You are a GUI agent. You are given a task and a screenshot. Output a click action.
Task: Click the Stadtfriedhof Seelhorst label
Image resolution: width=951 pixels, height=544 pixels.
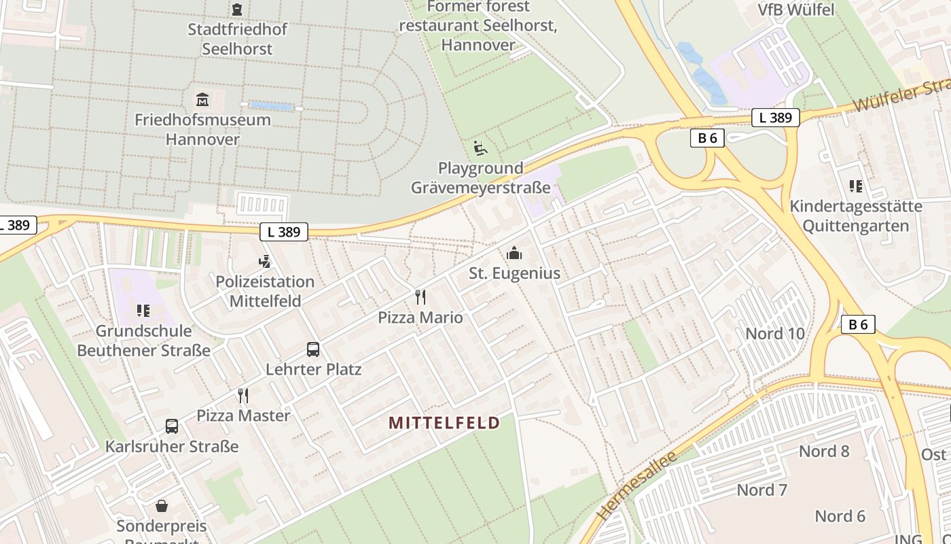pyautogui.click(x=237, y=39)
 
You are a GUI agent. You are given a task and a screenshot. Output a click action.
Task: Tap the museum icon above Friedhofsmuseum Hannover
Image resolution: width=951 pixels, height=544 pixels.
pyautogui.click(x=202, y=100)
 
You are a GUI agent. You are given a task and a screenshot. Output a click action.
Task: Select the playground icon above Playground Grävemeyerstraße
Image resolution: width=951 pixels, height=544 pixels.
pyautogui.click(x=480, y=148)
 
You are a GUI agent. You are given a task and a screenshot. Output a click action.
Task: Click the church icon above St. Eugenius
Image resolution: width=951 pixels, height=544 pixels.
pyautogui.click(x=514, y=254)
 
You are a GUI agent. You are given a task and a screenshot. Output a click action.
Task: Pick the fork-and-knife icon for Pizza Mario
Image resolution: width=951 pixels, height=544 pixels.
pyautogui.click(x=420, y=297)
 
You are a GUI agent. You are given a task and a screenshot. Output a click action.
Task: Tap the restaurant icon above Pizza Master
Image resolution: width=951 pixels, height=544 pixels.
pyautogui.click(x=243, y=395)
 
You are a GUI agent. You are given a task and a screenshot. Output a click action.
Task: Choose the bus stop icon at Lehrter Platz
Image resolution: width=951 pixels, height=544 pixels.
pyautogui.click(x=313, y=350)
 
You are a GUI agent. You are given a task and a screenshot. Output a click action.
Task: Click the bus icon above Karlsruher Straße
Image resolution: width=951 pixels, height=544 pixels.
pyautogui.click(x=172, y=426)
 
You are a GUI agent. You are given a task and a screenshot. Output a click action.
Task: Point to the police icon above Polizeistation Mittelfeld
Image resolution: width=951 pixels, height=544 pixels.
pyautogui.click(x=265, y=261)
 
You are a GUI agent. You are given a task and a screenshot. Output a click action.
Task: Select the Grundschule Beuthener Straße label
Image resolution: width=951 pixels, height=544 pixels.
pyautogui.click(x=143, y=341)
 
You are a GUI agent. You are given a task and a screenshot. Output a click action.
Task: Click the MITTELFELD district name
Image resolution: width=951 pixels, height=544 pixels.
pyautogui.click(x=444, y=423)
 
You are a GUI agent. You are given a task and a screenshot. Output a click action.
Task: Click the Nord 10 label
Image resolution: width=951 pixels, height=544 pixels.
pyautogui.click(x=775, y=333)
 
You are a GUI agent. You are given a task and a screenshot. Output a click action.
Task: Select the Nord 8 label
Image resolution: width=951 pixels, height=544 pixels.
pyautogui.click(x=824, y=451)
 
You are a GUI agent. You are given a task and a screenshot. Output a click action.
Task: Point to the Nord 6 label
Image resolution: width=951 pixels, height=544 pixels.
pyautogui.click(x=840, y=516)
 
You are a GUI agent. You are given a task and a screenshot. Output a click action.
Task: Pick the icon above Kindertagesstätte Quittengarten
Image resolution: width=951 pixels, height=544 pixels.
pyautogui.click(x=856, y=186)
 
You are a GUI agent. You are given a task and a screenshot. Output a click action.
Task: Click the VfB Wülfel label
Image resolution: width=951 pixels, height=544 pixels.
pyautogui.click(x=796, y=10)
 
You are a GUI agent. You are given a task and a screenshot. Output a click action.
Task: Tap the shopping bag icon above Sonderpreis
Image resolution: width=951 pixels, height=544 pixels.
pyautogui.click(x=162, y=506)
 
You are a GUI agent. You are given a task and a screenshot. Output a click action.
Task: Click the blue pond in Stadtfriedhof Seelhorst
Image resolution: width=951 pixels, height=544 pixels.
pyautogui.click(x=272, y=106)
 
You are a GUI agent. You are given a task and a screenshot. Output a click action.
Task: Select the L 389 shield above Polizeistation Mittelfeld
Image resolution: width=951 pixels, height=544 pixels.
pyautogui.click(x=284, y=232)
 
